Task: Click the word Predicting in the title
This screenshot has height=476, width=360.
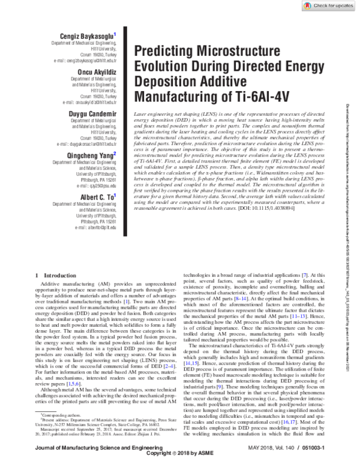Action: click(x=160, y=52)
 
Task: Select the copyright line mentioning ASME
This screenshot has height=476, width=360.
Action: click(x=180, y=470)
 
